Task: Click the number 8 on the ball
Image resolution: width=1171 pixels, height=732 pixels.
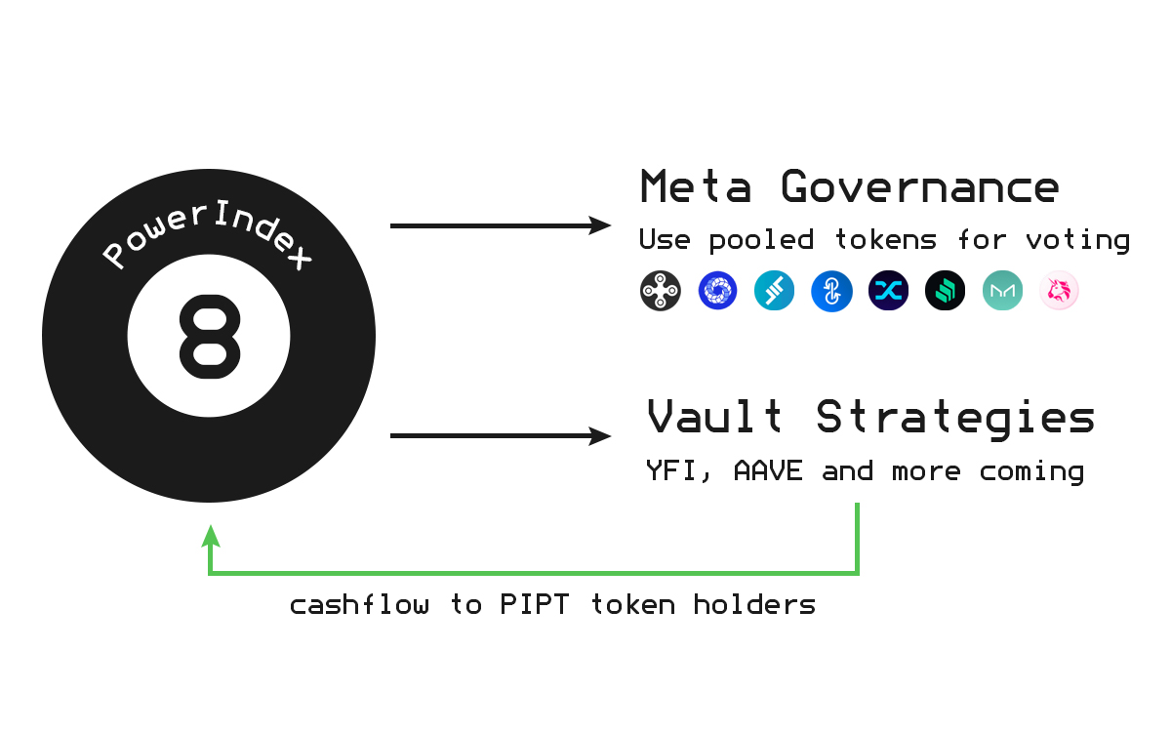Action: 209,338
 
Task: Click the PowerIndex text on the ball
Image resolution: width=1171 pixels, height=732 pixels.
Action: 208,237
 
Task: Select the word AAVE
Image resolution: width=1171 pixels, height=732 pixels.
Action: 768,471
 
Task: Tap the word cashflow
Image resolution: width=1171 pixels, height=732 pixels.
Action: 359,605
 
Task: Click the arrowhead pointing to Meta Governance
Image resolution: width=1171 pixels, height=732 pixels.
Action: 599,226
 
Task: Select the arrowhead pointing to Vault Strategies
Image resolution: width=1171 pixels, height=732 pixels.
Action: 599,436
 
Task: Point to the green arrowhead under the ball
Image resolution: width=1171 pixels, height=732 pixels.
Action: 210,536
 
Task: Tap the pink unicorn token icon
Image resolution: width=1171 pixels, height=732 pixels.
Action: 1059,291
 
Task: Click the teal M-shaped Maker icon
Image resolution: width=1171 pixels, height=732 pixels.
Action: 1002,291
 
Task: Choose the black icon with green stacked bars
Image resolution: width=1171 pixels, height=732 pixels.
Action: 945,291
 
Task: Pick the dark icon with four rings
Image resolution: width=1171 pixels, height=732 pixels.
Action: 661,291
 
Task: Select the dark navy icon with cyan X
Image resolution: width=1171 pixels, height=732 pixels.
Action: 888,291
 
